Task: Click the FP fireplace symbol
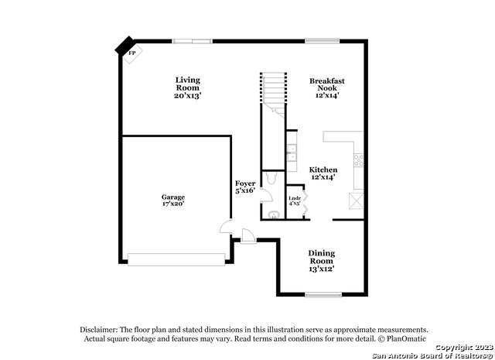point(132,53)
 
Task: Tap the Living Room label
point(188,84)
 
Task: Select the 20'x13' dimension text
point(188,95)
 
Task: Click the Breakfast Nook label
point(327,84)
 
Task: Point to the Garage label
point(173,197)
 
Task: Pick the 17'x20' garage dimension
point(173,204)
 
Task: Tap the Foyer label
point(245,183)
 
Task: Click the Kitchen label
point(323,170)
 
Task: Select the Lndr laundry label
point(295,198)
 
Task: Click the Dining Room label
point(322,257)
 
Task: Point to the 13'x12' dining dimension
point(322,269)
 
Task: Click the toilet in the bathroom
point(271,178)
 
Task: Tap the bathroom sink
point(274,215)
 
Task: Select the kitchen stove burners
point(359,160)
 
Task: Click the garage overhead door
point(176,259)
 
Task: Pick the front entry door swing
point(248,236)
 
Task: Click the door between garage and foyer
point(226,227)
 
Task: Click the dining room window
point(323,295)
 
